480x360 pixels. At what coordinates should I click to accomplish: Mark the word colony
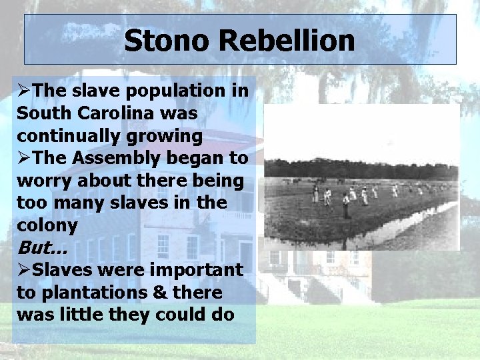[x=47, y=225]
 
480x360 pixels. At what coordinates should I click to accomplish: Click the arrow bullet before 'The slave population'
[x=24, y=91]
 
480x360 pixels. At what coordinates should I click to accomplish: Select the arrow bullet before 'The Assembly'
[x=24, y=159]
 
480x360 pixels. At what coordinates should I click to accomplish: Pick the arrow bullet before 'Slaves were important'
[x=24, y=270]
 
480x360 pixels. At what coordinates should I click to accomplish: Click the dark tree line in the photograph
[x=360, y=169]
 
